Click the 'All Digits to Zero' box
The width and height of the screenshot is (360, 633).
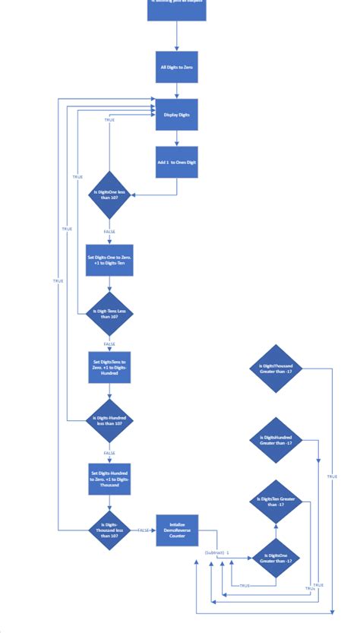tap(177, 68)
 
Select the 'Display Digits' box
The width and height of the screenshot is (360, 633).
tap(177, 115)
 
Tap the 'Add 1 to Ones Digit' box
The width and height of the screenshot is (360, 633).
tap(177, 163)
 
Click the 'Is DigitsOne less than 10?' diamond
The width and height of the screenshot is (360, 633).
tap(110, 195)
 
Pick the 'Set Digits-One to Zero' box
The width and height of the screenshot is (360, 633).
tap(110, 260)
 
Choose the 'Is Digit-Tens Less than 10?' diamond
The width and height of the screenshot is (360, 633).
tap(110, 313)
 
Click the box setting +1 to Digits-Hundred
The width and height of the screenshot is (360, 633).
tap(110, 366)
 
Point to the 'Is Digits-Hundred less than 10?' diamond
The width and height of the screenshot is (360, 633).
tap(110, 420)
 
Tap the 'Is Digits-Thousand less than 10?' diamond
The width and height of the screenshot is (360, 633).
tap(110, 530)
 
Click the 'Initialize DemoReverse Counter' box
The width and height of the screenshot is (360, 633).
tap(177, 530)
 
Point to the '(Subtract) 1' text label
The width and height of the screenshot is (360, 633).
tap(217, 552)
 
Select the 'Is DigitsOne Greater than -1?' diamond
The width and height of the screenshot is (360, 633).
tap(276, 559)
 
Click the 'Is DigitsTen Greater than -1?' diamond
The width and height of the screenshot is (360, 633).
tap(276, 502)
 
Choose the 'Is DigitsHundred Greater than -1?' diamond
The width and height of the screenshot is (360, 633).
tap(276, 440)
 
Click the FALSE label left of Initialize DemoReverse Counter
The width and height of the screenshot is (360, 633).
tap(144, 530)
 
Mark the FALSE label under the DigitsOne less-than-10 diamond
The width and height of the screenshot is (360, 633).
tap(110, 231)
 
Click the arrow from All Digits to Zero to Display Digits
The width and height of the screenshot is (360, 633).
tap(177, 91)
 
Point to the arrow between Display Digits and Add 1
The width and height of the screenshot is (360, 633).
tap(177, 138)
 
